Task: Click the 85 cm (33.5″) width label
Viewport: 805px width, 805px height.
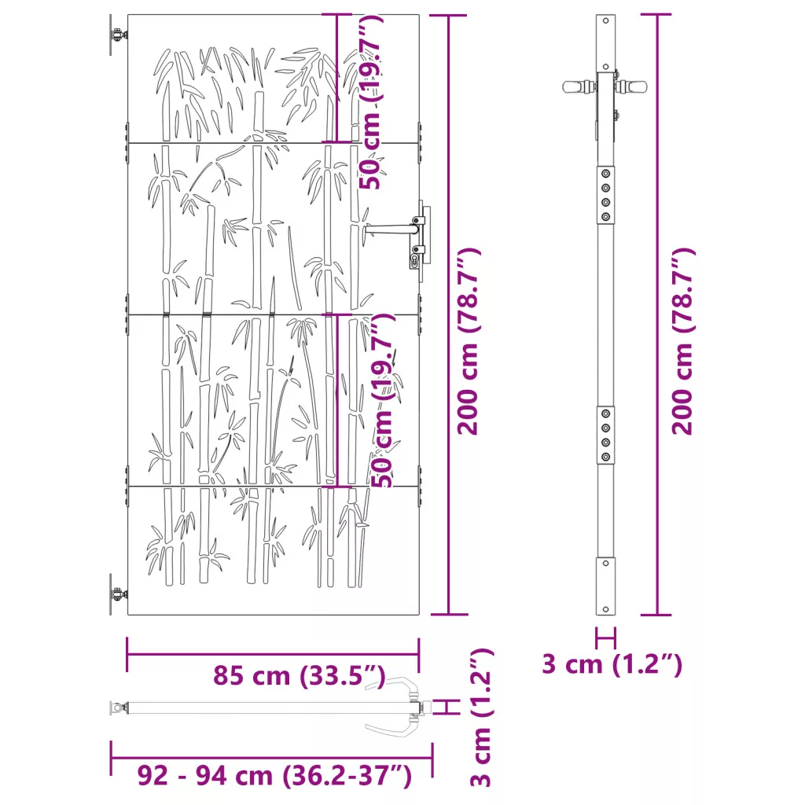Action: pyautogui.click(x=300, y=675)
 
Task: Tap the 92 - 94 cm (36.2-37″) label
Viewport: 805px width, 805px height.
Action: pyautogui.click(x=274, y=775)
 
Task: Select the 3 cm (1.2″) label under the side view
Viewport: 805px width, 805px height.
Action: pyautogui.click(x=612, y=664)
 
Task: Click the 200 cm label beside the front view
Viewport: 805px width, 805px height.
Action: pyautogui.click(x=469, y=341)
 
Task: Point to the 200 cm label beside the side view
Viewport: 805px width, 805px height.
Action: pyautogui.click(x=683, y=341)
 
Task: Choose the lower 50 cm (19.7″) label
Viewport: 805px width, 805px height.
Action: pyautogui.click(x=383, y=400)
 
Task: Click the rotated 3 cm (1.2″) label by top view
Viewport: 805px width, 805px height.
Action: pyautogui.click(x=482, y=717)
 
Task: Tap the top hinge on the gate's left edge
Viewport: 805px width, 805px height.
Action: pyautogui.click(x=118, y=35)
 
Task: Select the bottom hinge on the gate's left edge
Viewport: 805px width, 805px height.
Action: pyautogui.click(x=118, y=594)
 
